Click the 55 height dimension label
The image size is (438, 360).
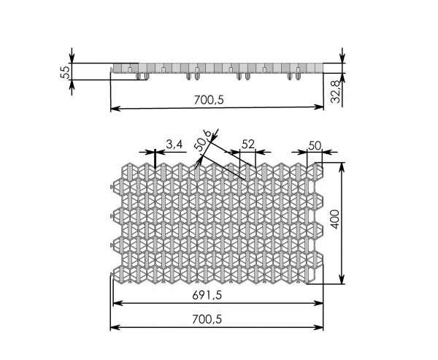click(65, 72)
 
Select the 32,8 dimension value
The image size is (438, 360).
click(336, 92)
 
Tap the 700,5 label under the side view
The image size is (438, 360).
click(209, 100)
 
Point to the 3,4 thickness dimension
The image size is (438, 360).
click(174, 145)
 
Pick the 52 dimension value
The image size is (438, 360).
click(248, 145)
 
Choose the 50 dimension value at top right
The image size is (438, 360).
click(315, 145)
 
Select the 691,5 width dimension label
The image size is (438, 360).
click(207, 295)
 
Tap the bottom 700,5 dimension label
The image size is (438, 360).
click(207, 319)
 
